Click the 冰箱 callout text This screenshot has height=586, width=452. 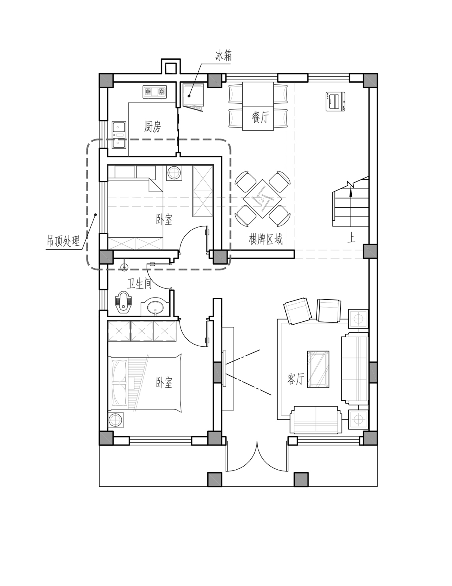pos(223,56)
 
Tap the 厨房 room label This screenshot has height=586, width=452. pos(152,127)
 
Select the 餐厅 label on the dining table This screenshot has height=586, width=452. pos(260,117)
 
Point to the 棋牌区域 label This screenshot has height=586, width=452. pos(266,239)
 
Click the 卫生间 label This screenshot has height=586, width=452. pos(139,284)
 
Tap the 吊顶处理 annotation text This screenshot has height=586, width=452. pos(63,241)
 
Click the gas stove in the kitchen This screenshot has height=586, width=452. pos(155,92)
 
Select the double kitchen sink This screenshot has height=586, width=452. pos(119,135)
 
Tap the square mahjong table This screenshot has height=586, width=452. pos(262,198)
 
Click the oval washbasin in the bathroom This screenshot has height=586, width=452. pos(155,307)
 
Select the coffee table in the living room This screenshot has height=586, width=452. pos(318,369)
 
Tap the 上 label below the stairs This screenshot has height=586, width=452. pos(351,238)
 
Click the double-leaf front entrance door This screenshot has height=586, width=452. pos(257,456)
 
